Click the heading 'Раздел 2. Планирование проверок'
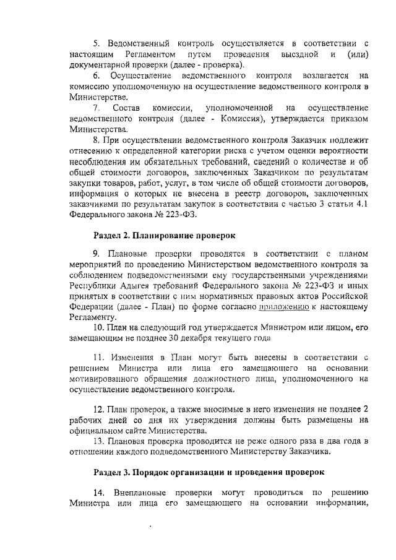point(164,235)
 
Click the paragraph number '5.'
point(97,43)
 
